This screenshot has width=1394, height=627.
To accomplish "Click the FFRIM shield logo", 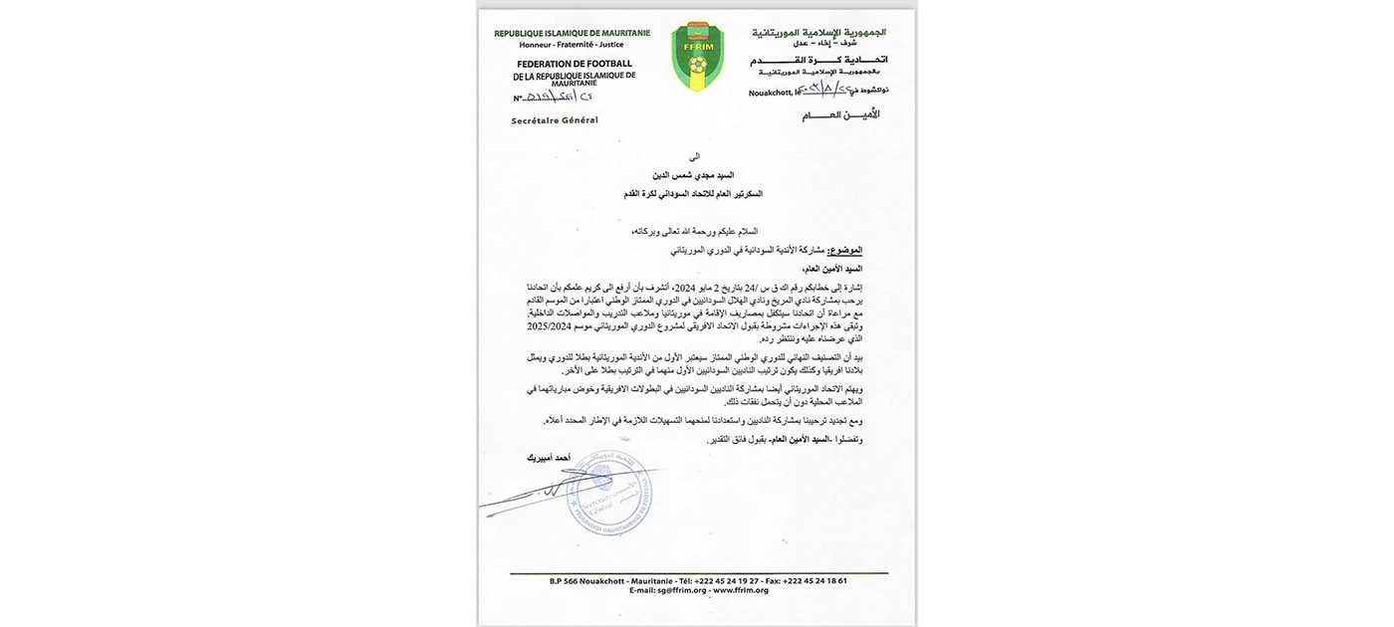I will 697,57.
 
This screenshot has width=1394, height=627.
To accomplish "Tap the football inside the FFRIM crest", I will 697,65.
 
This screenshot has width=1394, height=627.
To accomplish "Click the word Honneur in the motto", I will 539,45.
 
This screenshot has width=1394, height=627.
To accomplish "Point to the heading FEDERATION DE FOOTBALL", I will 574,64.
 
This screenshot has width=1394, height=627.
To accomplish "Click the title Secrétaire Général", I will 555,120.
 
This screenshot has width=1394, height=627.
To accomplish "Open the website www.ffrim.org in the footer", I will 740,590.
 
